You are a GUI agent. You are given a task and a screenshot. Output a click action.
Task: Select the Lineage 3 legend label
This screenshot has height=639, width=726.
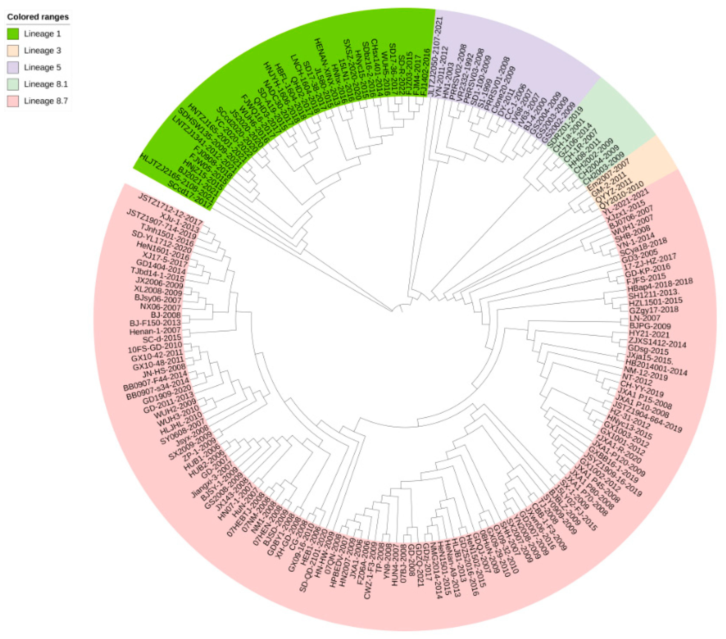coord(42,50)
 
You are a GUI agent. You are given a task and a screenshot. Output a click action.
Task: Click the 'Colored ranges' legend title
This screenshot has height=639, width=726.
coord(38,17)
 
